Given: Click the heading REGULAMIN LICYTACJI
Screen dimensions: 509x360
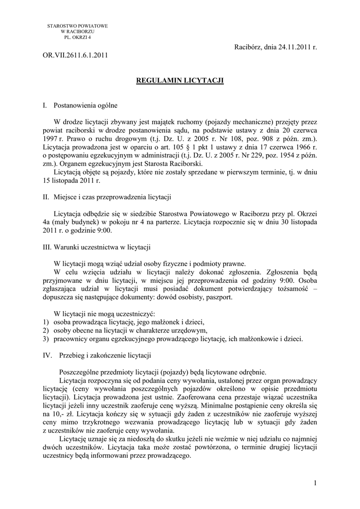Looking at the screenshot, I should pyautogui.click(x=180, y=80).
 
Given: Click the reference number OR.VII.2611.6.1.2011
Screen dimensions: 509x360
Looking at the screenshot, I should pyautogui.click(x=75, y=55).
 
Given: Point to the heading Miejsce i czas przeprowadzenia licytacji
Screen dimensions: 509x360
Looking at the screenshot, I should pyautogui.click(x=112, y=198).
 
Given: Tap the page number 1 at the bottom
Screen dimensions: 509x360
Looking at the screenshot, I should pyautogui.click(x=315, y=482).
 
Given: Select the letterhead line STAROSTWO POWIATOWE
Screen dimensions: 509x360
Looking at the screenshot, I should pyautogui.click(x=78, y=25).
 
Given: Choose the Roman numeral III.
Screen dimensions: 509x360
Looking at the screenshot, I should pyautogui.click(x=48, y=247).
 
